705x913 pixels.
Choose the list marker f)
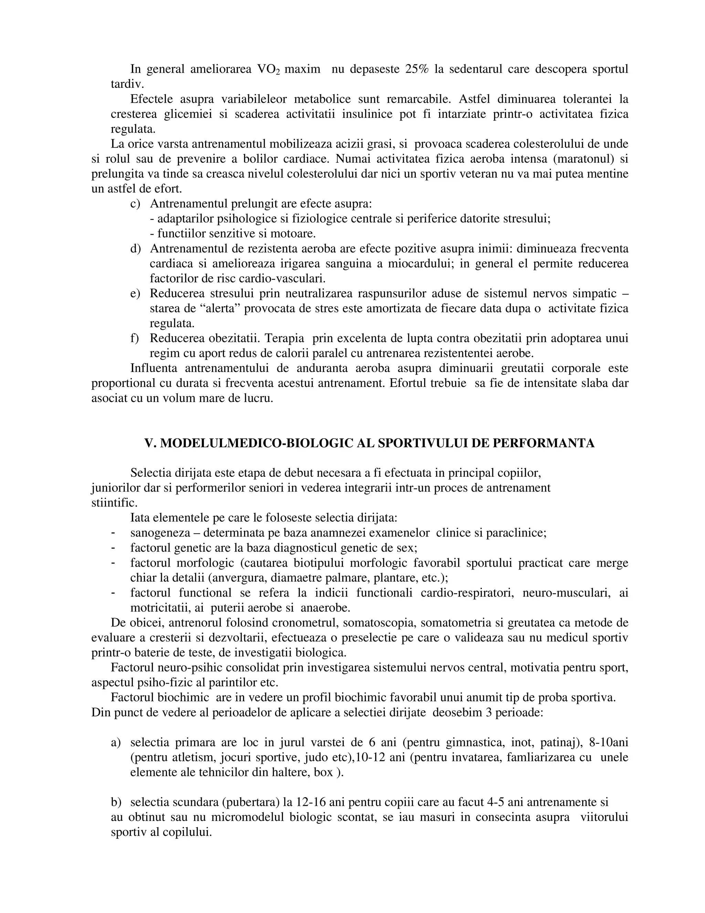coord(135,338)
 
